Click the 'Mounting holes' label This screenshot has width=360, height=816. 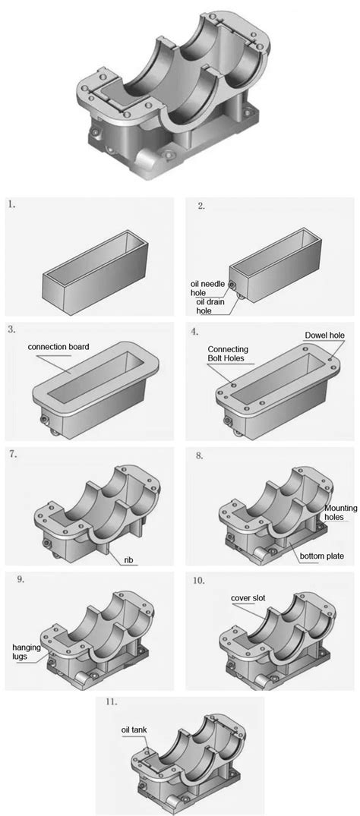pos(335,512)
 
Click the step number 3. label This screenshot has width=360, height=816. pos(11,329)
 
